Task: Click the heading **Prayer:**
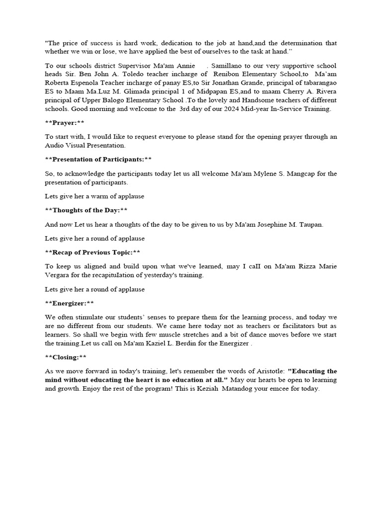(x=65, y=123)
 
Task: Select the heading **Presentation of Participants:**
(x=98, y=159)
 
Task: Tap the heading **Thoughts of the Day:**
(x=86, y=210)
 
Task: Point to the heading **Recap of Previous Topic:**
(x=93, y=253)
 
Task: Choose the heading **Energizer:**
(x=69, y=303)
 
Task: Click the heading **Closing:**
(x=65, y=357)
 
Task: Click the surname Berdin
(x=235, y=343)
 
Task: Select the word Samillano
(x=232, y=66)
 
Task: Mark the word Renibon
(x=227, y=75)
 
